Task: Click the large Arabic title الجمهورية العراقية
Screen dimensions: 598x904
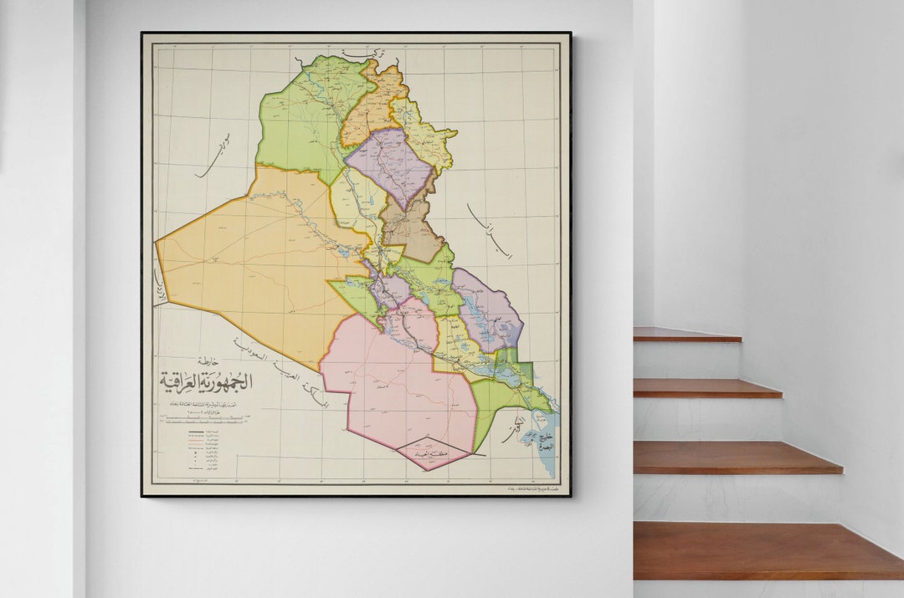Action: tap(206, 381)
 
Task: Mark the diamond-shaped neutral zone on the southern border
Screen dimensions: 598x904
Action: tap(433, 452)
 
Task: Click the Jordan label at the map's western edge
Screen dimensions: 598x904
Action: tap(159, 285)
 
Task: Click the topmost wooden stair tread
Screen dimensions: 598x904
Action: tap(686, 335)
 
